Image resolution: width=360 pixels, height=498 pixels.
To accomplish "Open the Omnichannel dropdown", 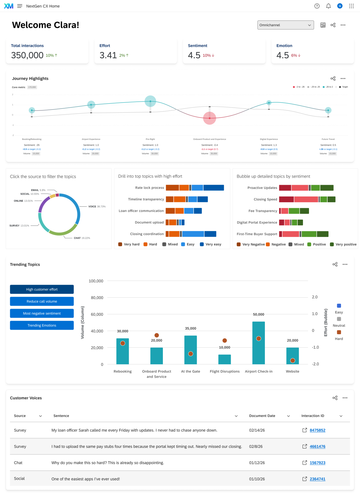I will click(x=285, y=25).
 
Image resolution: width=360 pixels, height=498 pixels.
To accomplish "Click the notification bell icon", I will click(x=328, y=6).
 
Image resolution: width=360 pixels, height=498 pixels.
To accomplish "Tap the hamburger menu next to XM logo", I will click(x=20, y=6).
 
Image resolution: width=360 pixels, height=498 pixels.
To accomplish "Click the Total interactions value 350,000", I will click(x=27, y=55).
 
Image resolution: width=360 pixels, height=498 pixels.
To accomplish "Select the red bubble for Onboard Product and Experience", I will click(x=209, y=118).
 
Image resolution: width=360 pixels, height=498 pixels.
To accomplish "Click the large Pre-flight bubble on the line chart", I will click(x=150, y=101).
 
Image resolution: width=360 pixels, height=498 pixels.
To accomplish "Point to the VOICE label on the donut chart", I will click(x=92, y=206).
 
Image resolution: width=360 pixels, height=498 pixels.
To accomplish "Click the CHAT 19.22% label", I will click(x=82, y=238).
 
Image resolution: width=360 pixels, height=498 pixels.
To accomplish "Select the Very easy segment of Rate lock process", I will click(x=214, y=188).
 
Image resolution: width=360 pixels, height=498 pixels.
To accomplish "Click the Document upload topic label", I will click(x=149, y=222).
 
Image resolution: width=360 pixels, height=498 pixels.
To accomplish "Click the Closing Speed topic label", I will click(x=265, y=199).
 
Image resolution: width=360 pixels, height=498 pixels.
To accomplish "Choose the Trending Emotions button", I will click(x=42, y=325).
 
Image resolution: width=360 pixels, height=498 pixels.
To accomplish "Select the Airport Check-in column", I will click(x=258, y=343).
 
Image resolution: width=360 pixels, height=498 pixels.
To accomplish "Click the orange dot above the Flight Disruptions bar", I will click(x=224, y=340).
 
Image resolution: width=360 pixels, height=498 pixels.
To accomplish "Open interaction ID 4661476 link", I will click(x=317, y=446).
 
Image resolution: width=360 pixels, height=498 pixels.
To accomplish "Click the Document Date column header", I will click(x=262, y=416).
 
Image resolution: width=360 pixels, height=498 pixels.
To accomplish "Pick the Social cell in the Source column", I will click(x=19, y=478).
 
